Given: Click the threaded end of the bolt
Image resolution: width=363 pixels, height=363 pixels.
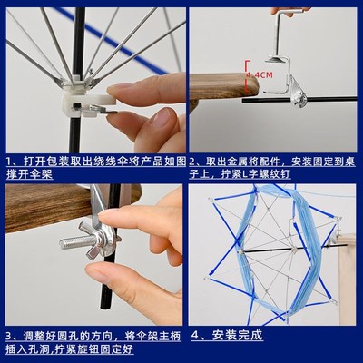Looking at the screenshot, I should point(70,242).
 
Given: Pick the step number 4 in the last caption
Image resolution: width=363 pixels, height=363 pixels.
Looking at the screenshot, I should point(196,337).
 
